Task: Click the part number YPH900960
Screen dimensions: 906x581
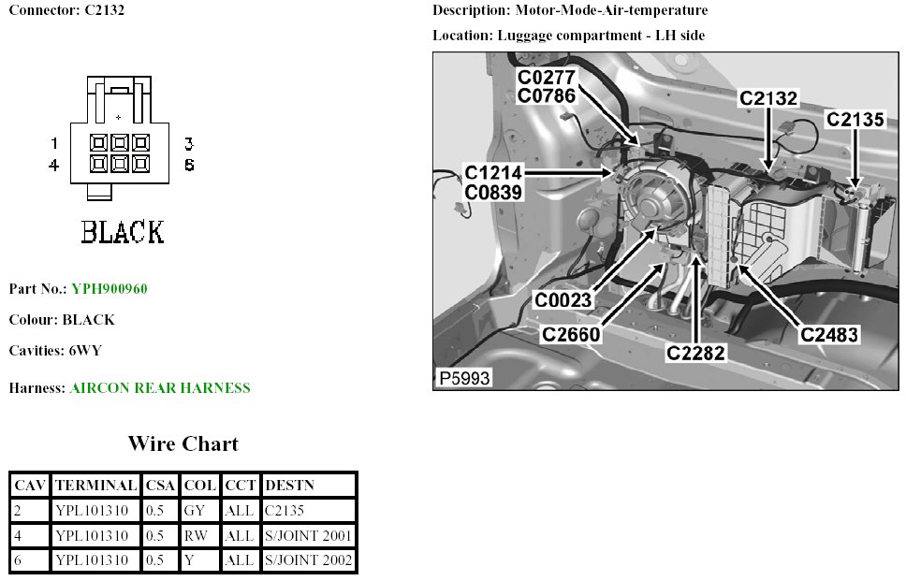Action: coord(109,289)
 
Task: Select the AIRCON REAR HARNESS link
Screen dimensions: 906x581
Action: coord(160,387)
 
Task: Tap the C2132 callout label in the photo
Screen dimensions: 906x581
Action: coord(768,98)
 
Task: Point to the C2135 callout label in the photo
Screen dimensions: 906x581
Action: coord(855,120)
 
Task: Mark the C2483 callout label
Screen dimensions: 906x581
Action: coord(828,334)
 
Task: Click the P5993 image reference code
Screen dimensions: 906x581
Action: coord(463,379)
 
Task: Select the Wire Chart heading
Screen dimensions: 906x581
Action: coord(183,443)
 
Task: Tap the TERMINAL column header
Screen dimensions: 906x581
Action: coord(96,486)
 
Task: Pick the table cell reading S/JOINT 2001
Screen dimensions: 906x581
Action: coord(309,536)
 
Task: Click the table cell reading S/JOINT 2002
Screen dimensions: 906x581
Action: coord(309,560)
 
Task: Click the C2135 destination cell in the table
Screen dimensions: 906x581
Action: coord(286,511)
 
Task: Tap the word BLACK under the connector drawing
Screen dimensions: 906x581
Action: coord(123,231)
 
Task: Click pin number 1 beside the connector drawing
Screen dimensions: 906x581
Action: coord(55,143)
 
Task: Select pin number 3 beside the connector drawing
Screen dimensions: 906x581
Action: coord(188,143)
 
